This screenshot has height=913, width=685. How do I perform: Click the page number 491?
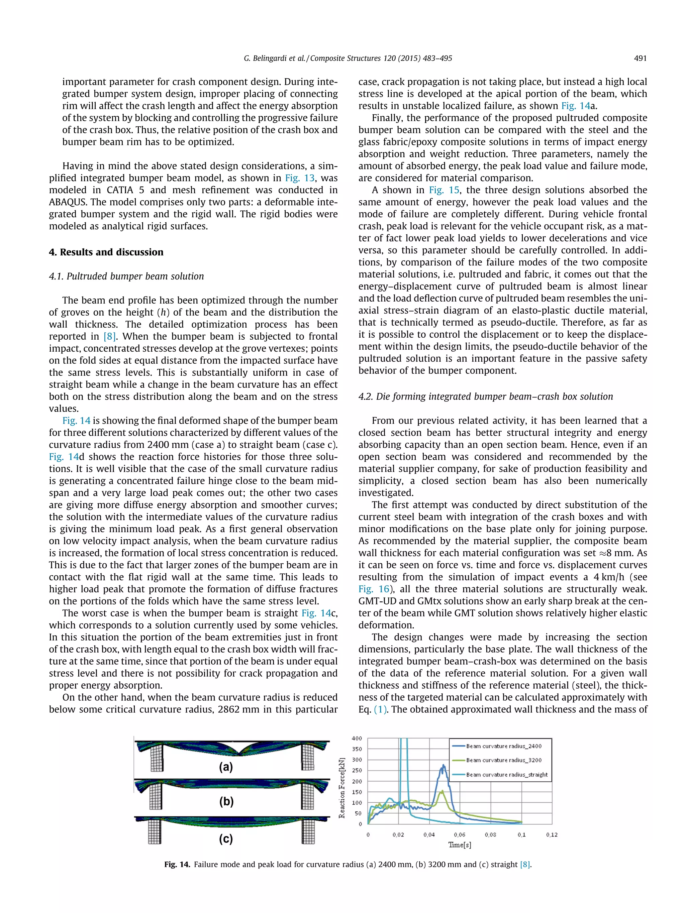(640, 58)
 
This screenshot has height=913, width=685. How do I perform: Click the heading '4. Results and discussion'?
(106, 252)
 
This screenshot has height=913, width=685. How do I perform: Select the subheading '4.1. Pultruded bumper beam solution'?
(126, 276)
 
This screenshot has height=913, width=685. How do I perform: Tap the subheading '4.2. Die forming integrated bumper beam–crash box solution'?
(486, 396)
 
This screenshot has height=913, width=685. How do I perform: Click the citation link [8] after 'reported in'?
(109, 336)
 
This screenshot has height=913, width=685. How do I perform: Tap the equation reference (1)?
(381, 709)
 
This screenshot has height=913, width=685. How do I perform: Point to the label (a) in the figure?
(226, 767)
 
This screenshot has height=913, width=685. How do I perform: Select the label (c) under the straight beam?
(226, 839)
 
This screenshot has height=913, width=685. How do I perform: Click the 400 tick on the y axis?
(357, 738)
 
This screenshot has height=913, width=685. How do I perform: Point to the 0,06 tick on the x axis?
(460, 834)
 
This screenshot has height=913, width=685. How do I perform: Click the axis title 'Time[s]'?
(460, 845)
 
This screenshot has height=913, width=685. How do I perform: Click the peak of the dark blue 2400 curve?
(444, 765)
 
